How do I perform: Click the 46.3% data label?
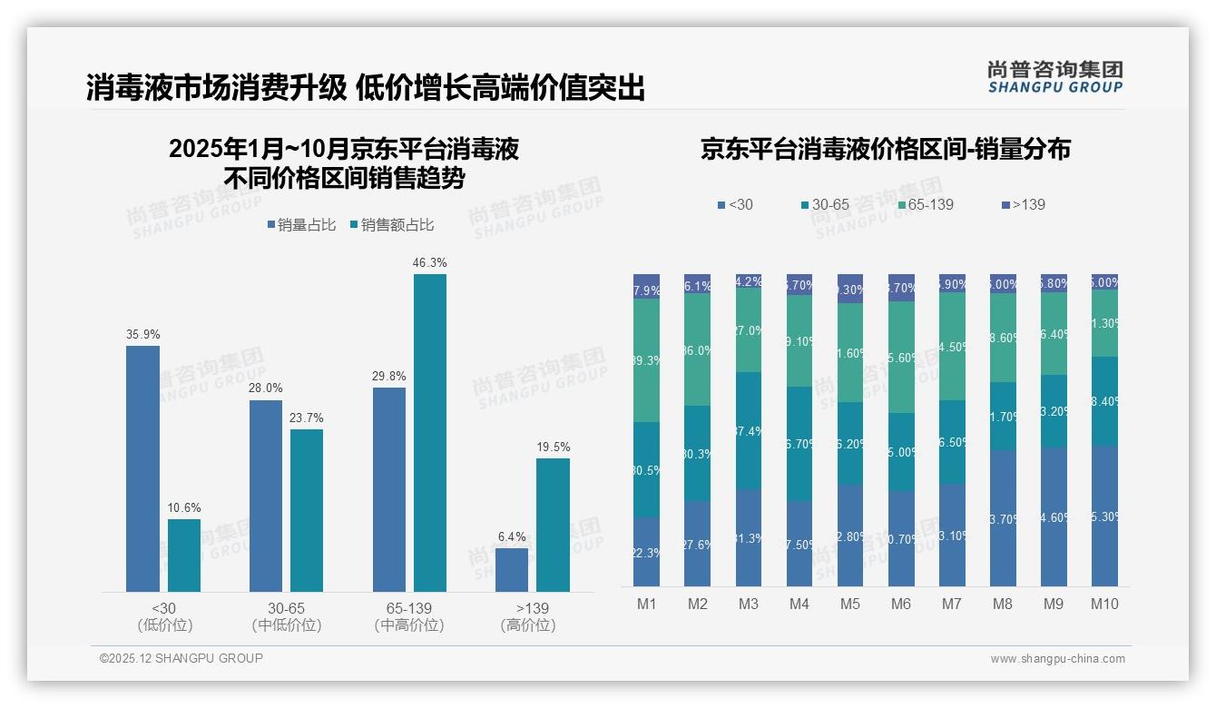pyautogui.click(x=430, y=263)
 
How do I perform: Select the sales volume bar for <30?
pyautogui.click(x=142, y=468)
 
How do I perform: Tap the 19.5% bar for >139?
pyautogui.click(x=553, y=525)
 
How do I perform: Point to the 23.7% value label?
pyautogui.click(x=307, y=418)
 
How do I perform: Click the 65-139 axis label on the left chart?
pyautogui.click(x=409, y=608)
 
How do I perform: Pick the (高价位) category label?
pyautogui.click(x=528, y=625)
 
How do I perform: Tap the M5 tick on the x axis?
pyautogui.click(x=849, y=605)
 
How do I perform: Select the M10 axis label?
pyautogui.click(x=1104, y=605)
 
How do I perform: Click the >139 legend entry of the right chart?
pyautogui.click(x=1024, y=204)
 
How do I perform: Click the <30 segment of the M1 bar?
pyautogui.click(x=646, y=552)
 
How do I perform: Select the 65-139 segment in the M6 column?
pyautogui.click(x=901, y=357)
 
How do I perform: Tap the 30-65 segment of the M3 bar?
pyautogui.click(x=748, y=430)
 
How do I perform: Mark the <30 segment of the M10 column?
pyautogui.click(x=1104, y=516)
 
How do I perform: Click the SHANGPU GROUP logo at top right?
pyautogui.click(x=1054, y=77)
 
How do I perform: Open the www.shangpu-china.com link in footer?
pyautogui.click(x=1057, y=659)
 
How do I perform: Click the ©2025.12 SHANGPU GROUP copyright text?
pyautogui.click(x=181, y=658)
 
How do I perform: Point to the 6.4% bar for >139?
pyautogui.click(x=512, y=570)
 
